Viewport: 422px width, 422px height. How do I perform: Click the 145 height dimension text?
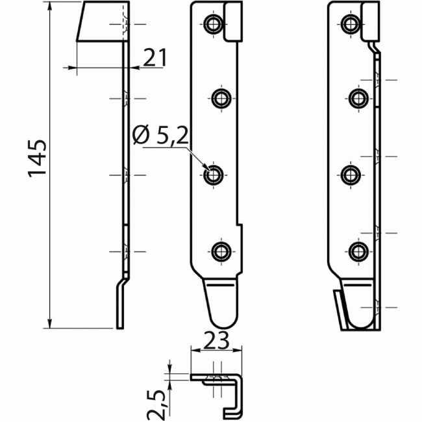coord(37,158)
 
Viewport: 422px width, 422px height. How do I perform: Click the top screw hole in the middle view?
coord(212,24)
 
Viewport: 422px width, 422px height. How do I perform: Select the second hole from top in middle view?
coord(221,98)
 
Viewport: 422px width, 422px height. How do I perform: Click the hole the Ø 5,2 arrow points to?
coord(212,175)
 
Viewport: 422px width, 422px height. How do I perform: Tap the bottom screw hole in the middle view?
coord(221,250)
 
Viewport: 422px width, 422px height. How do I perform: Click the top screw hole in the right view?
coord(351,24)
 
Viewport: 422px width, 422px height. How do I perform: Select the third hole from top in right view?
coord(351,175)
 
